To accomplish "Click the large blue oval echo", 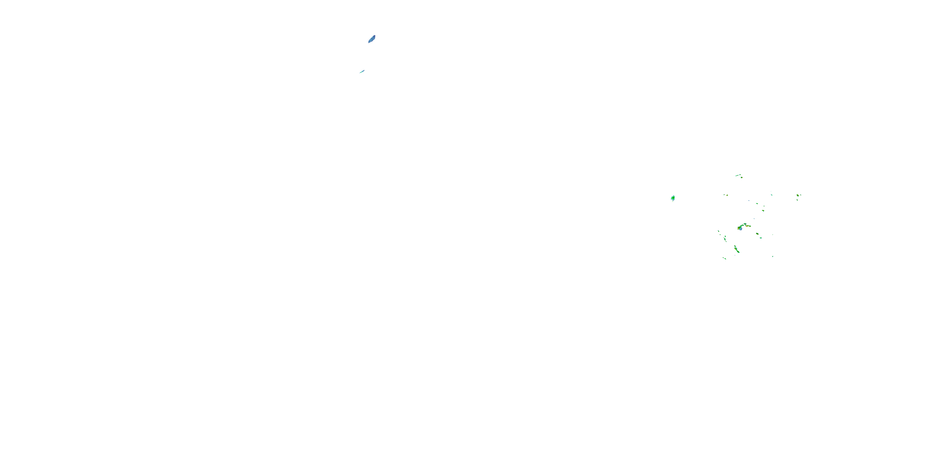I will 372,39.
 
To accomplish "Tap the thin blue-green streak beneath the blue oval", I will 362,71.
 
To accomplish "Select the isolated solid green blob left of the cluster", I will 673,198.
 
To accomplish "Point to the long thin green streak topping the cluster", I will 738,176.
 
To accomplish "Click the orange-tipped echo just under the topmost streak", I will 742,178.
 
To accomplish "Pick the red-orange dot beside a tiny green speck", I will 727,196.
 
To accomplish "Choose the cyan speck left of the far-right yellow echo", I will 771,195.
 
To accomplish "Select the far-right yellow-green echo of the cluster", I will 798,196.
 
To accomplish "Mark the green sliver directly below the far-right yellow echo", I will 797,200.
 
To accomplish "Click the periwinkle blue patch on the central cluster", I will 741,229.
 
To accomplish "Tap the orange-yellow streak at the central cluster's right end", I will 748,226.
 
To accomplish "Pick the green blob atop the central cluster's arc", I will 745,224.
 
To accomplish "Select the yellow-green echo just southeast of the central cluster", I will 758,234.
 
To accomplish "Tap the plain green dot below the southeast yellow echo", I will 761,238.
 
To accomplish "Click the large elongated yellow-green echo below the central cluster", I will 737,250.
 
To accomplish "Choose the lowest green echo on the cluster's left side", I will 725,259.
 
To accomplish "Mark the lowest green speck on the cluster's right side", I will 773,257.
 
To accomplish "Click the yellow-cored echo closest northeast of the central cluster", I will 763,211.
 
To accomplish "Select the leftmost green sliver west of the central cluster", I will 719,231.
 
